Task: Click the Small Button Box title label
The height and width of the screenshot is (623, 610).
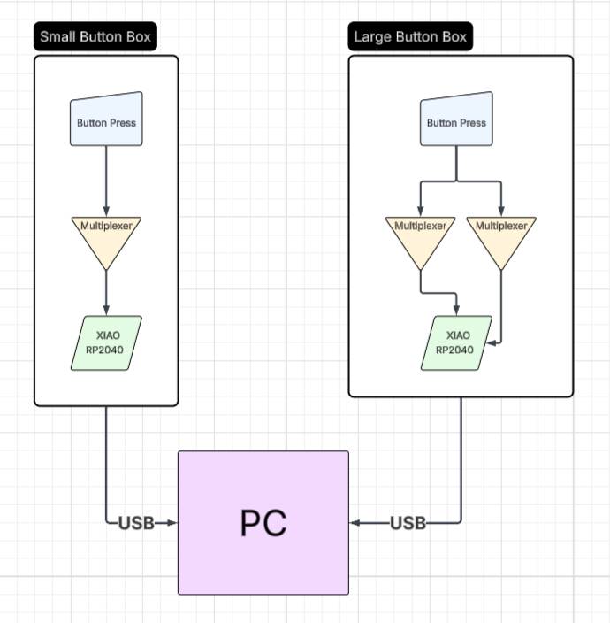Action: click(95, 37)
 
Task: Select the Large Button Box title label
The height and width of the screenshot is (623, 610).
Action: click(409, 37)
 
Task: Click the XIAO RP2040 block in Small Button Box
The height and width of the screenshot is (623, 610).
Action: click(106, 342)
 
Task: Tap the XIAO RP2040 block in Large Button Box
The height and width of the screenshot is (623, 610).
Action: click(456, 342)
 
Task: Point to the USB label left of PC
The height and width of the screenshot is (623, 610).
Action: click(136, 523)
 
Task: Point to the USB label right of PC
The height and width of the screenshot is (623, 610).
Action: click(408, 523)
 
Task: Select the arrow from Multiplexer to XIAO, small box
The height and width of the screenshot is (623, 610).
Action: click(106, 292)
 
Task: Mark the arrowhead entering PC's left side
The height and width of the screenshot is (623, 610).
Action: click(172, 523)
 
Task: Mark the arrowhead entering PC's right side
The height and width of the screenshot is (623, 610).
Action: click(355, 523)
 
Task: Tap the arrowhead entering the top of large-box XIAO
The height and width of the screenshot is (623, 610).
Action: click(456, 310)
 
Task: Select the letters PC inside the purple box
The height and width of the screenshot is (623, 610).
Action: click(263, 523)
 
